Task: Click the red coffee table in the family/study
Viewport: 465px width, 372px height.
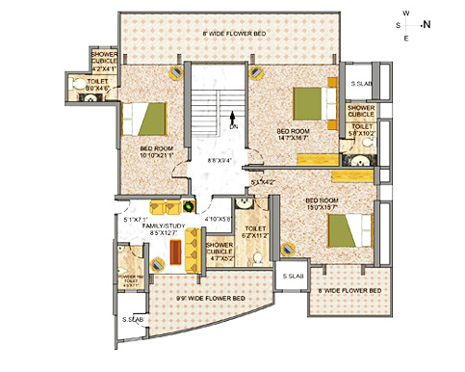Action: (176, 250)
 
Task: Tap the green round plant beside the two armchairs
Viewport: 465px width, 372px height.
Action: (190, 204)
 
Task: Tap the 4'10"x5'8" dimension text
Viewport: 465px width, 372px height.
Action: (220, 219)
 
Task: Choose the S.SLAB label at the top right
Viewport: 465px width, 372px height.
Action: (362, 85)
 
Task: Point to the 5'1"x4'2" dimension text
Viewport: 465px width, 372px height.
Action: (262, 181)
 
